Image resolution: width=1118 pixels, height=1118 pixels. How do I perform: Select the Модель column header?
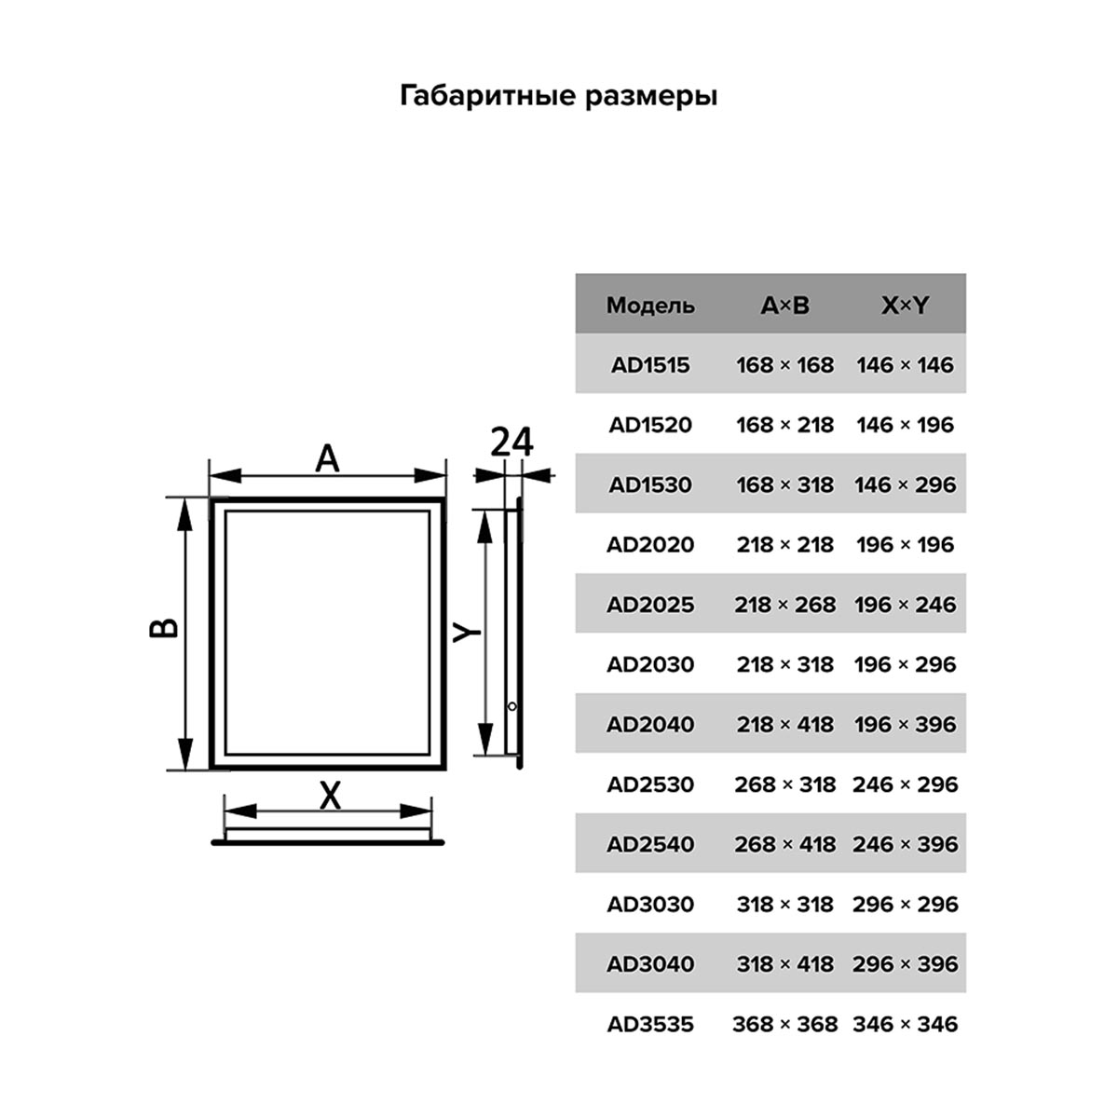[x=650, y=306]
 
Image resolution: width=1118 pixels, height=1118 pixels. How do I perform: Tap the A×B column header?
[x=785, y=306]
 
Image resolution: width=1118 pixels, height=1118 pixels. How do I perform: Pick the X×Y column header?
[x=905, y=306]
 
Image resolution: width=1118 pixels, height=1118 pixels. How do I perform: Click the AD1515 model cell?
[x=650, y=365]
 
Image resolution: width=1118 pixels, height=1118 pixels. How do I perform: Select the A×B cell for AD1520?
[x=785, y=425]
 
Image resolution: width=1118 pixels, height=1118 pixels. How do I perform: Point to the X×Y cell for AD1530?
[x=905, y=484]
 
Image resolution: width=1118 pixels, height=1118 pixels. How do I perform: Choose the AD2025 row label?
[x=650, y=605]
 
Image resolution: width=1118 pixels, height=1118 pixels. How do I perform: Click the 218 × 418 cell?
[x=785, y=724]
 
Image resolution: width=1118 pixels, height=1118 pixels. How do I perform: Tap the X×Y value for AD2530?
[x=905, y=784]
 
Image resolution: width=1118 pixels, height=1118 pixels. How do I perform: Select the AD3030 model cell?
[x=650, y=904]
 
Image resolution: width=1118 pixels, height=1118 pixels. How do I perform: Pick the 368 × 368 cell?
[x=785, y=1024]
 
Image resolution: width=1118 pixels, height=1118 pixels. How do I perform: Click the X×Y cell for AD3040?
[x=905, y=963]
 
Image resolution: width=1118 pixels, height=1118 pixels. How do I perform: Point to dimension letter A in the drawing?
[x=327, y=458]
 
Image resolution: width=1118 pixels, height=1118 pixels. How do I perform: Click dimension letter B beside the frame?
[x=164, y=628]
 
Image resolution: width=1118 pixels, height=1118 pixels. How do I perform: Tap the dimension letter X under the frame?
[x=330, y=796]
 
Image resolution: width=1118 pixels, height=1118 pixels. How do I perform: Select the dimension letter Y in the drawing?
[x=466, y=633]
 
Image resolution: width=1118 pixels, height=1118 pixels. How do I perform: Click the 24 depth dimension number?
[x=511, y=443]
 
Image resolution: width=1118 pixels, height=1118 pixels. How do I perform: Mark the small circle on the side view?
[x=511, y=706]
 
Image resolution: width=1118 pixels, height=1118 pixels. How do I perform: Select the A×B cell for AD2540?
[x=785, y=844]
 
